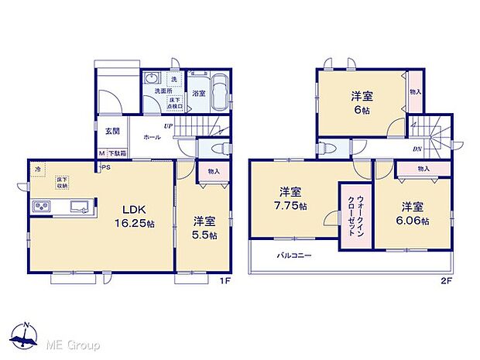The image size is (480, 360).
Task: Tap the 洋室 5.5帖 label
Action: point(205,228)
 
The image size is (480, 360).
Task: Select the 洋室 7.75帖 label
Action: point(292,199)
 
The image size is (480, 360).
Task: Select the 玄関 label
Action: point(111,130)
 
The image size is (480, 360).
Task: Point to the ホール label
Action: point(152,136)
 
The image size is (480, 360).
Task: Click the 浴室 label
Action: point(198,94)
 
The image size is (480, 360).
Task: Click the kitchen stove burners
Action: point(41,206)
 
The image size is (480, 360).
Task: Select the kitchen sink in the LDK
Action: point(80,206)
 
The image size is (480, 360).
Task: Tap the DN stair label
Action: point(417,149)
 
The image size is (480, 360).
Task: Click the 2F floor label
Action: point(444,281)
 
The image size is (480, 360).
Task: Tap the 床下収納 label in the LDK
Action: point(61,183)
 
